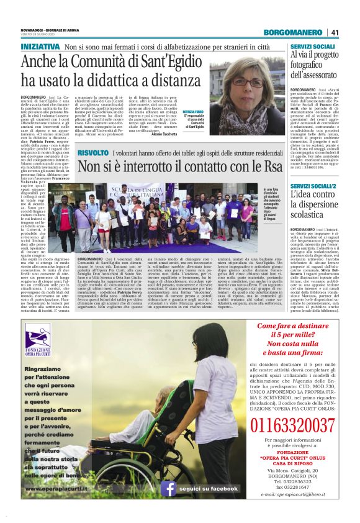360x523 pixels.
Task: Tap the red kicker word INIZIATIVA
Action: pyautogui.click(x=40, y=47)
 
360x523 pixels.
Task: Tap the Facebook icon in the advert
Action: pyautogui.click(x=169, y=488)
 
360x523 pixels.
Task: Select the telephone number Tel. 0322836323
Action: pyautogui.click(x=294, y=480)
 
